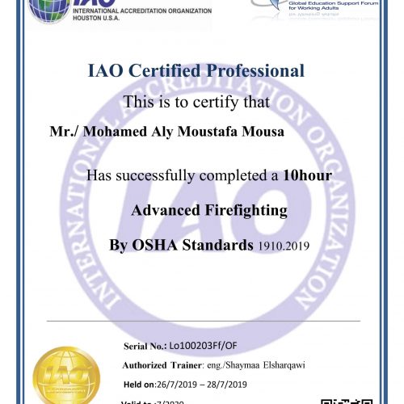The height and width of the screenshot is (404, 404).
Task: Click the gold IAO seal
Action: [x=66, y=376]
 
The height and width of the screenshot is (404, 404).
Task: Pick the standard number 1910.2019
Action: [x=287, y=245]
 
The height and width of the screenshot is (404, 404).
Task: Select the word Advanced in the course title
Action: [x=160, y=211]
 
